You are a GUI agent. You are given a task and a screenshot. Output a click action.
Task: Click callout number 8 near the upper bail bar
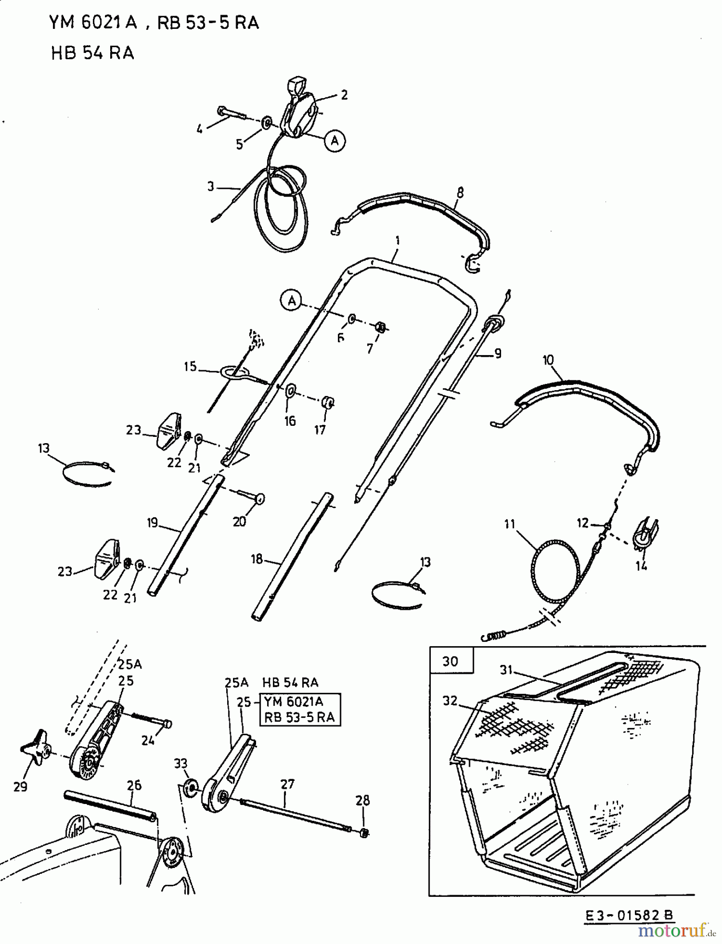(x=460, y=192)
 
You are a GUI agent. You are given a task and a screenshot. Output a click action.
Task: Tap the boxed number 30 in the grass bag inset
(x=450, y=661)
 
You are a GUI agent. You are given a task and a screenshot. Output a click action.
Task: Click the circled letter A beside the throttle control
(x=335, y=140)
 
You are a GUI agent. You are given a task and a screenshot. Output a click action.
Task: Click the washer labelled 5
(x=267, y=123)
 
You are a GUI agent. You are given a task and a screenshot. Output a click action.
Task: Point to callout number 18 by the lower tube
(x=257, y=559)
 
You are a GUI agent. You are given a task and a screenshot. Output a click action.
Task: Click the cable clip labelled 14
(x=645, y=535)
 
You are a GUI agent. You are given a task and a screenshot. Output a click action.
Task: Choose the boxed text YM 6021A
(x=294, y=702)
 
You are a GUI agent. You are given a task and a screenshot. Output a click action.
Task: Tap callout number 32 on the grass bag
(x=450, y=701)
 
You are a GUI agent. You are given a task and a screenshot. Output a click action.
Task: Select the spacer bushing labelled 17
(x=328, y=403)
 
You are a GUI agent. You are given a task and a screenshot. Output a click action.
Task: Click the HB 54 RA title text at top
(x=92, y=53)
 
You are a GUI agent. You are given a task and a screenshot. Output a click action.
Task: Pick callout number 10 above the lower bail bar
(x=548, y=360)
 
